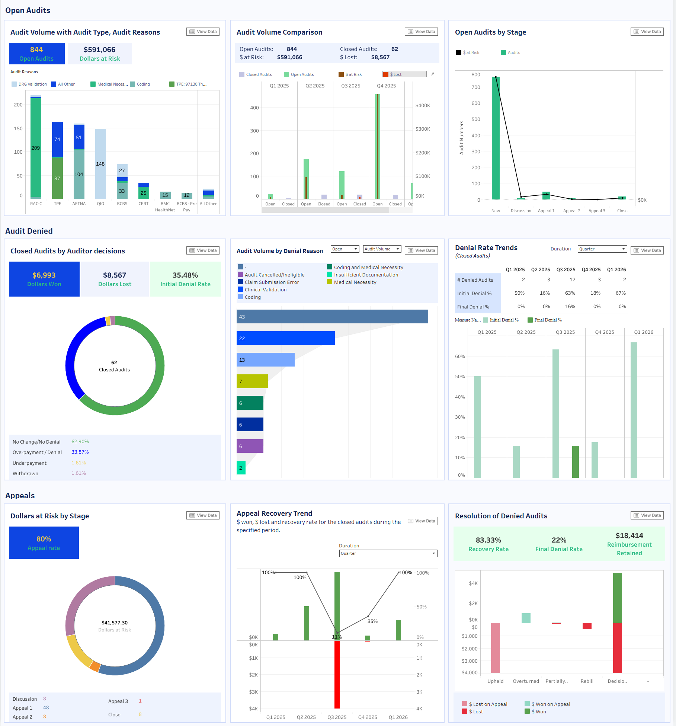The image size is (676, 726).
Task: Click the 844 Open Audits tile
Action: [x=36, y=54]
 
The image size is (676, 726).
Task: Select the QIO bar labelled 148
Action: [x=100, y=164]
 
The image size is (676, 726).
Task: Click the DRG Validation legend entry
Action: [x=29, y=84]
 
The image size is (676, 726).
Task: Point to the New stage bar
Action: [x=496, y=138]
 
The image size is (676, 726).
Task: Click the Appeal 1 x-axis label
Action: [x=546, y=211]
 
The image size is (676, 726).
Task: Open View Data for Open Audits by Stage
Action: [x=647, y=32]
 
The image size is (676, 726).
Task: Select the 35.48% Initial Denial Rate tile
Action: [x=185, y=279]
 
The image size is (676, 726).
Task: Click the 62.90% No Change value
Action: [x=80, y=442]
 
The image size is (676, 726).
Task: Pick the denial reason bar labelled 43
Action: [x=332, y=317]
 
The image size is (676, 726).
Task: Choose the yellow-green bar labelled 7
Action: [x=252, y=381]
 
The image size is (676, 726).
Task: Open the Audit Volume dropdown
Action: [x=382, y=249]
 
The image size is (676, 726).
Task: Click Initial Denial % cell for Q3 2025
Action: [x=570, y=293]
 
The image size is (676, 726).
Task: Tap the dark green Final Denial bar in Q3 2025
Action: [x=575, y=462]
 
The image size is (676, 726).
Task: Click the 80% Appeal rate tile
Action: [x=44, y=543]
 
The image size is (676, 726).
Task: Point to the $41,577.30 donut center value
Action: [x=115, y=623]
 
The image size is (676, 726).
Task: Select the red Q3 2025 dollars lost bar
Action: [x=337, y=674]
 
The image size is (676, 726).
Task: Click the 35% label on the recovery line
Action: [x=372, y=621]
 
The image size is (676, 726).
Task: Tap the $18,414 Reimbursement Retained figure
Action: [x=629, y=535]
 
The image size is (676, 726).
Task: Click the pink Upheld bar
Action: [x=496, y=648]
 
